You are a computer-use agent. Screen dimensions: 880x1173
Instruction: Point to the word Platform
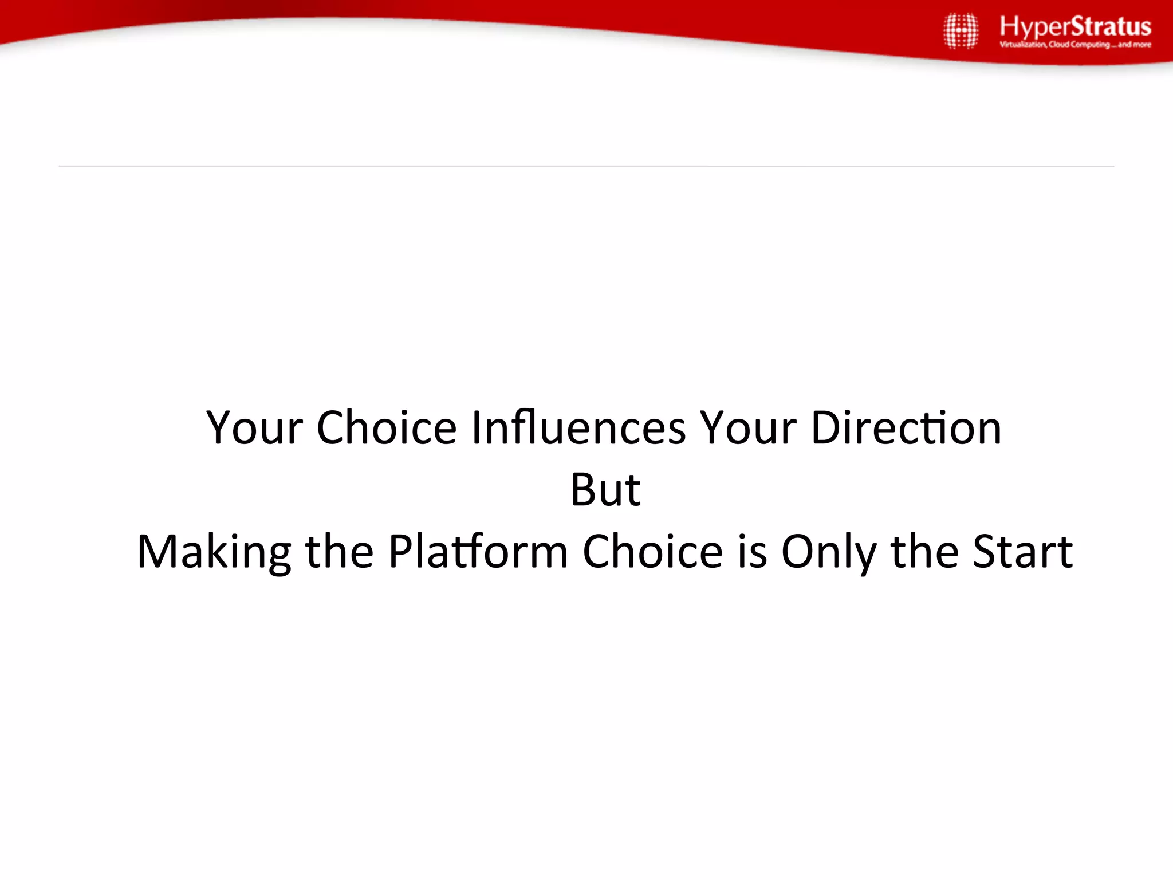tap(478, 551)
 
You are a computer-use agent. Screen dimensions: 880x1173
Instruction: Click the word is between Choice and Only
tap(751, 551)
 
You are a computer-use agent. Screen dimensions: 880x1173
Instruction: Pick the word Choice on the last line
tap(652, 551)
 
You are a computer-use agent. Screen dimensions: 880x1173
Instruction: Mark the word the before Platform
tap(339, 551)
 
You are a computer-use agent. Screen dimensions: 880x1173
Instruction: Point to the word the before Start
tap(924, 551)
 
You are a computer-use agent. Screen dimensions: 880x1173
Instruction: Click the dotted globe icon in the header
tap(961, 30)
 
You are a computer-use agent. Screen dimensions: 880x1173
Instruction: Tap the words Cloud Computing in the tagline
tap(1079, 45)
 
